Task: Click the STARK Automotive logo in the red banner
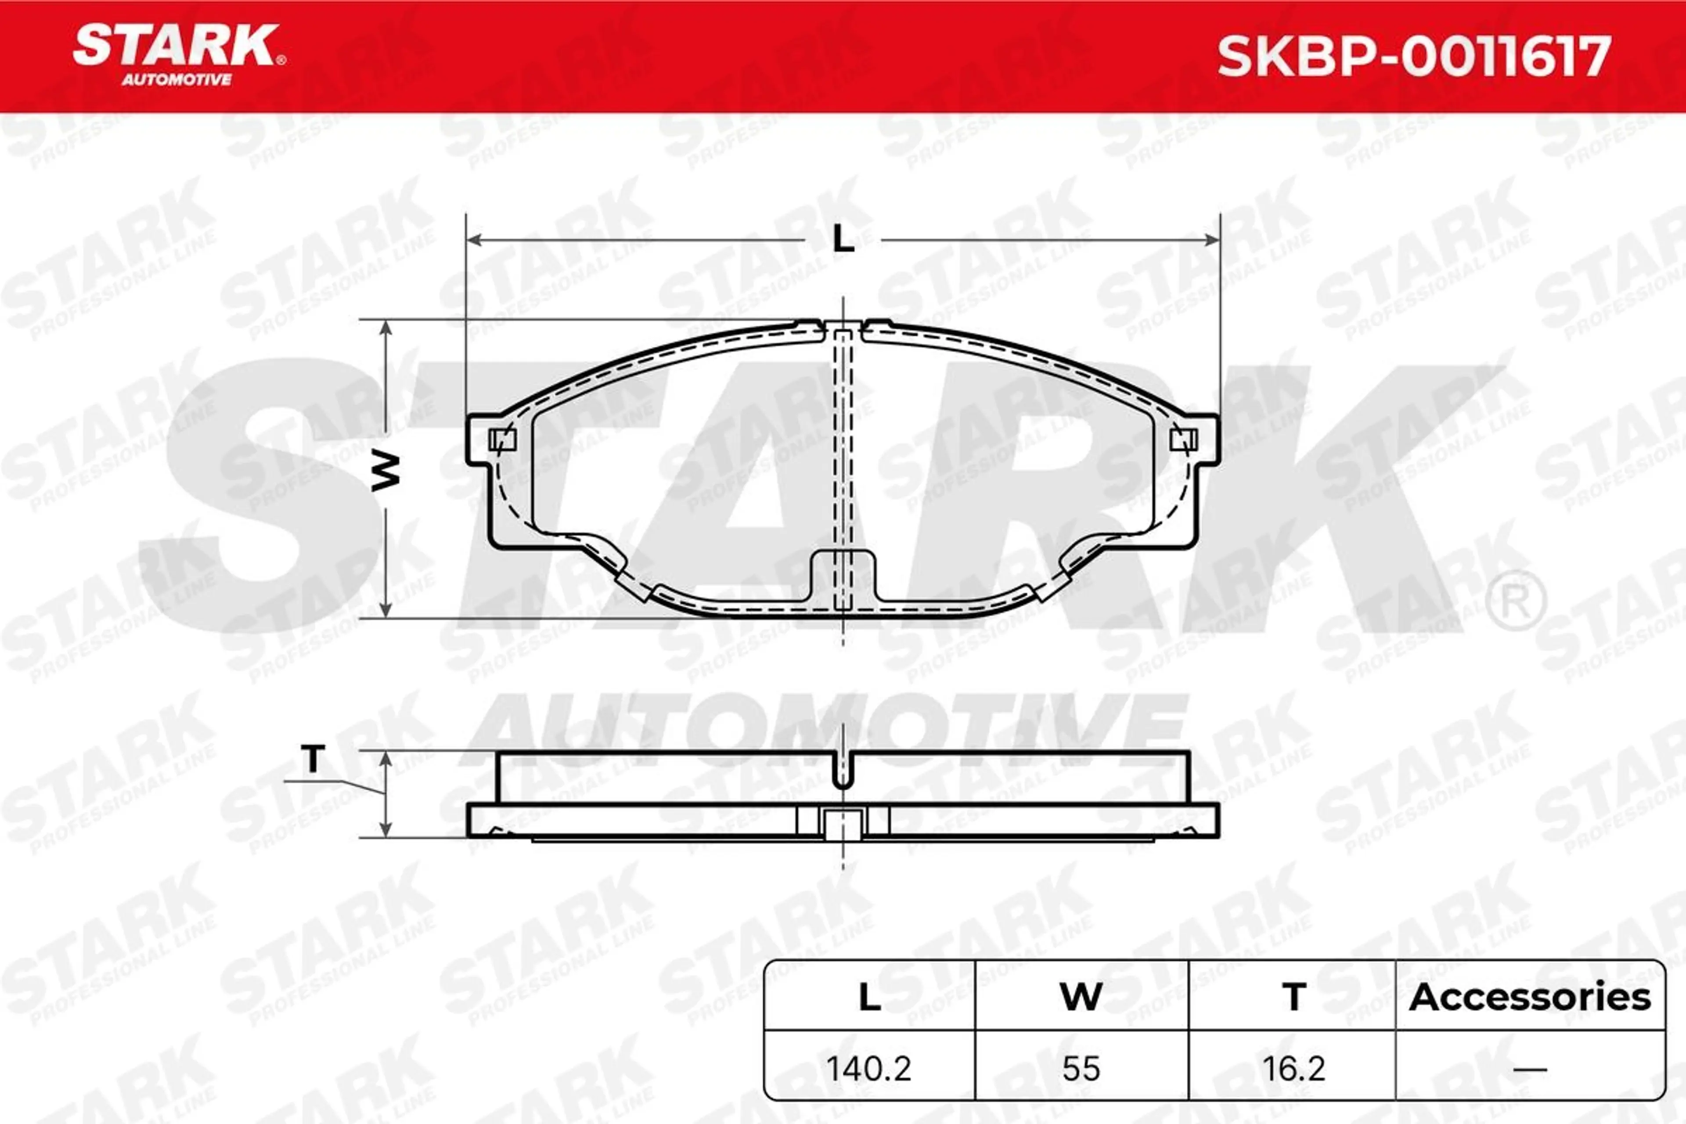[179, 54]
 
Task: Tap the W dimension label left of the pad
[385, 471]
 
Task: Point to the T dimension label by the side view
[313, 758]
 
